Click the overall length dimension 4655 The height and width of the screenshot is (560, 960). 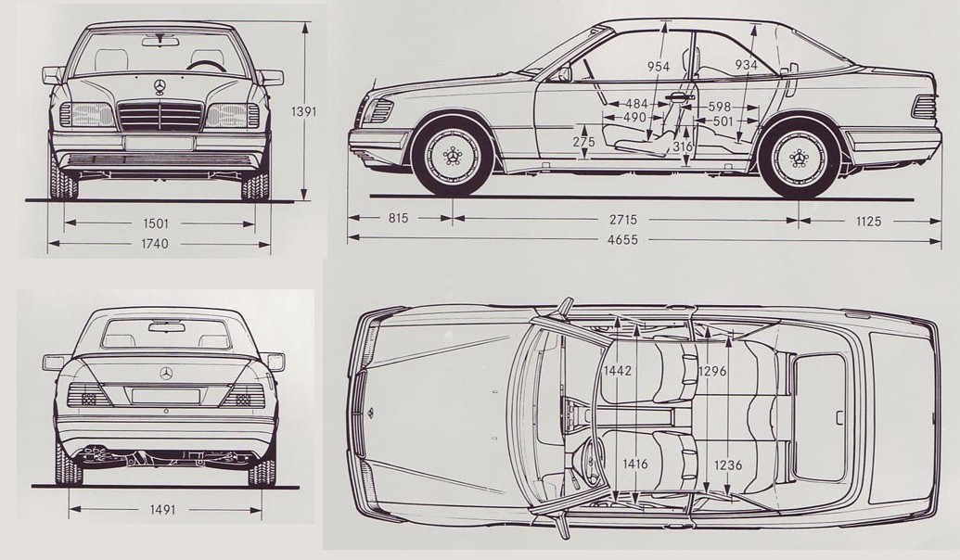click(x=622, y=239)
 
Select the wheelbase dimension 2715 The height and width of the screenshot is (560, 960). click(x=622, y=219)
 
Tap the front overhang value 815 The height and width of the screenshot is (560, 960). click(x=398, y=218)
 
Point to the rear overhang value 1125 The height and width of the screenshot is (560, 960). click(x=868, y=221)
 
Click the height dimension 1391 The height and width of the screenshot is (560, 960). click(x=304, y=112)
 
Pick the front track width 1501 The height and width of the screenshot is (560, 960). click(x=155, y=224)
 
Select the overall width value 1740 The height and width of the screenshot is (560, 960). click(x=154, y=244)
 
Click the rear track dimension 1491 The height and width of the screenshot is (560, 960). click(x=161, y=509)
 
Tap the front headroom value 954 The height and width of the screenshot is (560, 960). click(x=659, y=67)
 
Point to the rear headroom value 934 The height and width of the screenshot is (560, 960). click(x=747, y=65)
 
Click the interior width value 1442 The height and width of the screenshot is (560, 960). click(x=617, y=370)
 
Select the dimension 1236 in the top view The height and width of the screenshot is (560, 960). click(x=728, y=465)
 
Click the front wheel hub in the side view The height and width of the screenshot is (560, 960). click(x=453, y=157)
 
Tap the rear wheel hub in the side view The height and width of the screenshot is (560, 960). click(x=799, y=158)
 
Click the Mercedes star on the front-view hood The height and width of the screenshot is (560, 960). click(x=160, y=86)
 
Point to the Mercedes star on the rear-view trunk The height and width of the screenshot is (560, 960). click(x=166, y=374)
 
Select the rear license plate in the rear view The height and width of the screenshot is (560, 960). click(x=166, y=396)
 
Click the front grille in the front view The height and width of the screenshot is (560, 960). click(x=160, y=116)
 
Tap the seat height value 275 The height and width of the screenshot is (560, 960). click(x=584, y=142)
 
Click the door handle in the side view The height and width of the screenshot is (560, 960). click(x=677, y=96)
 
